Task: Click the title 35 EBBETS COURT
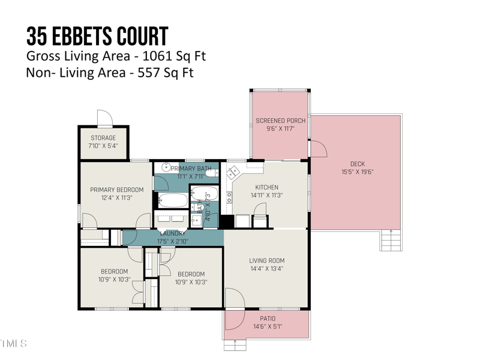coord(97,37)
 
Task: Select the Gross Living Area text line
coord(116,56)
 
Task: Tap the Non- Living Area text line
coord(110,73)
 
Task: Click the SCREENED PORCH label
coord(280,121)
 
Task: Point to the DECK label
coord(357,164)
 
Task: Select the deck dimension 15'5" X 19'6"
coord(357,172)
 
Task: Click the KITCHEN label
coord(266,187)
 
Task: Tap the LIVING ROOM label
coord(267,260)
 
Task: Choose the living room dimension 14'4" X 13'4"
coord(267,269)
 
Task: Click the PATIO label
coord(267,319)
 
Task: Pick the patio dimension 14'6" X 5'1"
coord(267,327)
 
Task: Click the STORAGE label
coord(103,138)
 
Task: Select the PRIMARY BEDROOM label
coord(117,190)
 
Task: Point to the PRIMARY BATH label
coord(191,169)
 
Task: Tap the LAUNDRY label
coord(173,233)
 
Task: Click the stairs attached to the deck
coord(391,241)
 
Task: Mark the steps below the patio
coord(235,344)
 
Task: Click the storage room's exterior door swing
coord(104,118)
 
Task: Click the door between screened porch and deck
coord(317,148)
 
